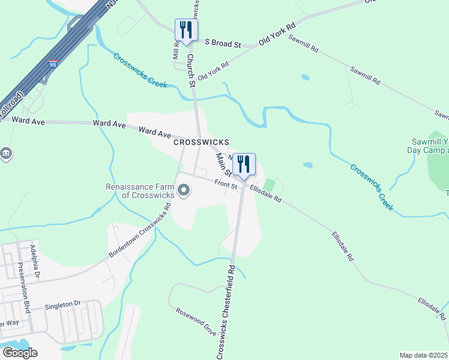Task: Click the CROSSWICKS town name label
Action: pyautogui.click(x=201, y=142)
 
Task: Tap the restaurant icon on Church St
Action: pyautogui.click(x=185, y=30)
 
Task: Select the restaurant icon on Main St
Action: pyautogui.click(x=244, y=164)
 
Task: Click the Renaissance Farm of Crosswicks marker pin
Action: pyautogui.click(x=184, y=191)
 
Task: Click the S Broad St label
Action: pyautogui.click(x=223, y=44)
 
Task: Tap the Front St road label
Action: pyautogui.click(x=227, y=187)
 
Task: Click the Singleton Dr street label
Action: pyautogui.click(x=62, y=305)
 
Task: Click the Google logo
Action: pyautogui.click(x=20, y=352)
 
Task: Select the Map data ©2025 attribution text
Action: pyautogui.click(x=424, y=355)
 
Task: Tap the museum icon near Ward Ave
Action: pyautogui.click(x=5, y=154)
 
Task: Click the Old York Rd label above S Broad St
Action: pyautogui.click(x=278, y=35)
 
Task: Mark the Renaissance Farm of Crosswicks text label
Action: pyautogui.click(x=139, y=191)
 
